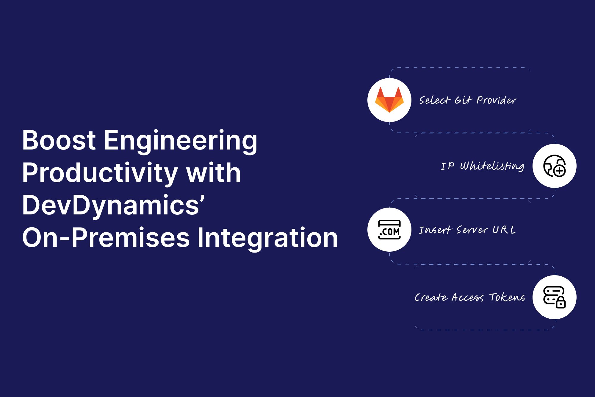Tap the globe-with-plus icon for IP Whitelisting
554,166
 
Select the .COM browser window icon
389,230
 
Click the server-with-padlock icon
554,297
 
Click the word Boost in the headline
59,141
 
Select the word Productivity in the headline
100,174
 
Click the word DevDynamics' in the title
113,205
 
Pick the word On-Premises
106,238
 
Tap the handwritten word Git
463,100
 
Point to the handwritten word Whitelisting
492,166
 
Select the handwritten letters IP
447,166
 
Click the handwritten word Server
472,230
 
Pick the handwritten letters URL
504,230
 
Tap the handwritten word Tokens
507,297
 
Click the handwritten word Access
467,298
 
